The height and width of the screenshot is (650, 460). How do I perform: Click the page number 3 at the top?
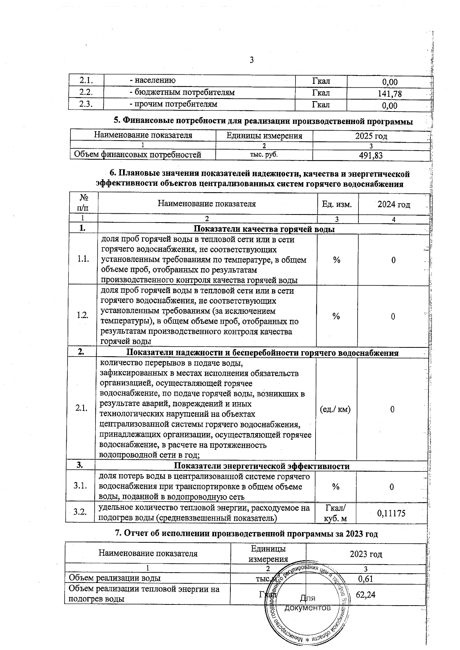251,60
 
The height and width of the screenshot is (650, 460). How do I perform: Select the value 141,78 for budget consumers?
390,93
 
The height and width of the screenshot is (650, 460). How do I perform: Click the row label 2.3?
86,105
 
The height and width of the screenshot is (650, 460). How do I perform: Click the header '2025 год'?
371,136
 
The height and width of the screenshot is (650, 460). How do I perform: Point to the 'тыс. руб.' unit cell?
264,154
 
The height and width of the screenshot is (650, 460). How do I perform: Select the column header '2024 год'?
394,205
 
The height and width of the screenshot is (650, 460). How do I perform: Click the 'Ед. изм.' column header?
337,205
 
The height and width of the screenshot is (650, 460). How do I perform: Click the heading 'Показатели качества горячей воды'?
264,229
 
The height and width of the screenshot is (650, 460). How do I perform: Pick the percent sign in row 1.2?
336,316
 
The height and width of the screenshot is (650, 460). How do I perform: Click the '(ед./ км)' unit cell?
335,409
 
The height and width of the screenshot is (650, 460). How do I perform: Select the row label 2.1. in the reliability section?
82,409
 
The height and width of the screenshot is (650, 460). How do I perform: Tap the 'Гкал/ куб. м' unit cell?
335,513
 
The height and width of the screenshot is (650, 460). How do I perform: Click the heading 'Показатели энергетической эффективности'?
262,466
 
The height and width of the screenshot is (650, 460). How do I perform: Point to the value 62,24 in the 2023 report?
365,594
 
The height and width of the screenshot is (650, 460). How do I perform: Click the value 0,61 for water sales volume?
365,578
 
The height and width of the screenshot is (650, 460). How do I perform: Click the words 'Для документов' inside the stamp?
307,603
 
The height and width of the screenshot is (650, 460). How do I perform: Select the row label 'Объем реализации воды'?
115,578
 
